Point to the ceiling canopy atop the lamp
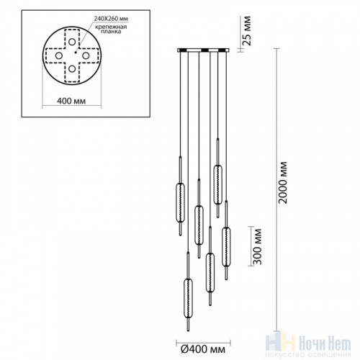tap(204, 50)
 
